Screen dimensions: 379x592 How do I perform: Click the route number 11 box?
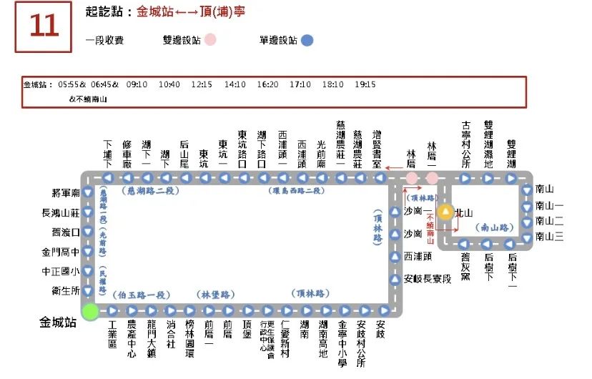click(43, 26)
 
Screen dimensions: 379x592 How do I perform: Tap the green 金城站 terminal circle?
click(89, 311)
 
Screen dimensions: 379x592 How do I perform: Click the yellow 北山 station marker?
click(445, 212)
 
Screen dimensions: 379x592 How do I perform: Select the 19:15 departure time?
click(365, 84)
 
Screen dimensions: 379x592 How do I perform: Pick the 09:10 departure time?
click(137, 84)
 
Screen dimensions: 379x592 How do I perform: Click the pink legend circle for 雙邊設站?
click(210, 41)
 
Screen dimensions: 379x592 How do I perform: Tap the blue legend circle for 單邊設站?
click(307, 41)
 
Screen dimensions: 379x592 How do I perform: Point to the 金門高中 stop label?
click(61, 252)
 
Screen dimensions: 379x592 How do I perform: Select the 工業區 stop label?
click(112, 334)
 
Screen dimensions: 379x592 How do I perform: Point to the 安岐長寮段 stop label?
click(428, 279)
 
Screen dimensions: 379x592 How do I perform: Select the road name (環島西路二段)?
click(297, 191)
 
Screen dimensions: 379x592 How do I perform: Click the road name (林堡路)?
click(216, 295)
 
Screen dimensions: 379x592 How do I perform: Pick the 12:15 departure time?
click(202, 84)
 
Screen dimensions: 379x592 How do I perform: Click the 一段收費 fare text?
click(104, 41)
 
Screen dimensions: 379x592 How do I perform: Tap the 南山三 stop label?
click(549, 237)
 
